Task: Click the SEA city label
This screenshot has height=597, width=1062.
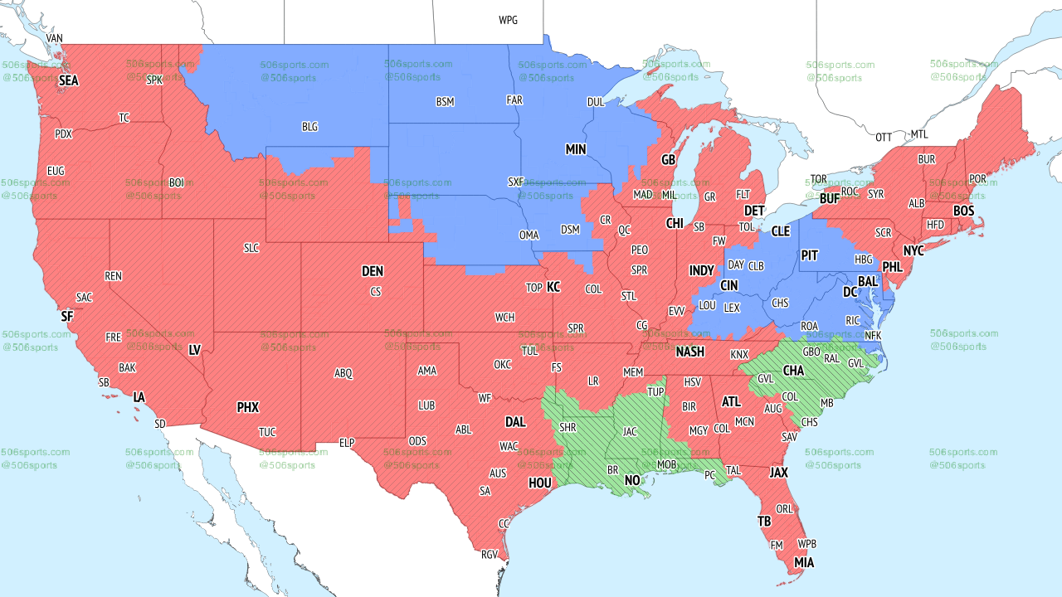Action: coord(68,81)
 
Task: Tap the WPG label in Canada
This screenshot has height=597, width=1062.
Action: coord(508,20)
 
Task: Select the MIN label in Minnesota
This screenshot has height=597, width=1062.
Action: coord(576,149)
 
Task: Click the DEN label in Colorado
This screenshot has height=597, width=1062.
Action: coord(373,271)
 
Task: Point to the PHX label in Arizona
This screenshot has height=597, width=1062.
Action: coord(248,407)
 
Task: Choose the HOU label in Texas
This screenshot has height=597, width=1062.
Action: coord(539,483)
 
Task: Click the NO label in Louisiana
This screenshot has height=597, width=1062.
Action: coord(632,481)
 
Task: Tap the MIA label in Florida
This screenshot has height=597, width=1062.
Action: coord(804,563)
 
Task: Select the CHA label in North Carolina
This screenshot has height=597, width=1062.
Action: coord(793,371)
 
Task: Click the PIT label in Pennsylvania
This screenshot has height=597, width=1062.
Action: coord(810,255)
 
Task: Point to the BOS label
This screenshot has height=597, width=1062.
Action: coord(963,211)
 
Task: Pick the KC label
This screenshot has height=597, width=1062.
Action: coord(553,287)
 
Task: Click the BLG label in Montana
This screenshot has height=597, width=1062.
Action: coord(309,127)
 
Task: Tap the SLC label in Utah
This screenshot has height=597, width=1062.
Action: coord(251,248)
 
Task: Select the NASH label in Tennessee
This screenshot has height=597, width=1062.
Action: coord(689,352)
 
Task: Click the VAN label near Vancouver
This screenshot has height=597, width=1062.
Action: coord(54,38)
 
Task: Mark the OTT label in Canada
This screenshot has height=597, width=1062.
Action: coord(884,137)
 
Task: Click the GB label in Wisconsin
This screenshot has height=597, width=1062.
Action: coord(668,159)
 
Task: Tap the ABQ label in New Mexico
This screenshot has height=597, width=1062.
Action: coord(343,373)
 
